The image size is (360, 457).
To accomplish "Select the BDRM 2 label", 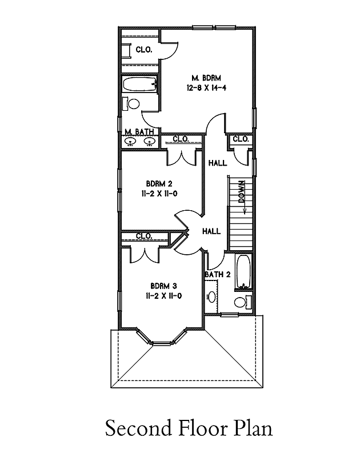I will tap(159, 183).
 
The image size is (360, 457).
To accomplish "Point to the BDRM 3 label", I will tap(163, 286).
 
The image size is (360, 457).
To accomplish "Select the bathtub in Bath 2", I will tap(243, 273).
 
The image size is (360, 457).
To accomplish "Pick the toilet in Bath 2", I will tap(240, 301).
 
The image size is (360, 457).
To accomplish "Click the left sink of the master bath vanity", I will tap(130, 142).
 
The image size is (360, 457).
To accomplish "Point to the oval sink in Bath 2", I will tap(212, 298).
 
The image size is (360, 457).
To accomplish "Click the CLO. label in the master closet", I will tap(144, 50).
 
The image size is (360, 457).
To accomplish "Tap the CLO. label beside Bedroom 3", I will tap(144, 236).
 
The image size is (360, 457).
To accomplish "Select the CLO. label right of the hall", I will tap(241, 139).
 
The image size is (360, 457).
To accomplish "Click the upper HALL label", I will tap(218, 163).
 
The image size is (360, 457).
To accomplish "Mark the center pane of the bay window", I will tap(163, 343).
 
